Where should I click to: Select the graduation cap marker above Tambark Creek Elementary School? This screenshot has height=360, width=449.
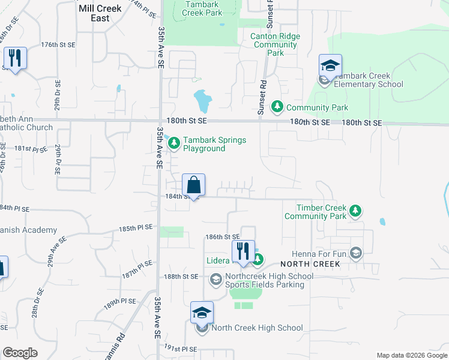(x=330, y=66)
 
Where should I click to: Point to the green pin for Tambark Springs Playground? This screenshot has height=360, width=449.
(x=174, y=143)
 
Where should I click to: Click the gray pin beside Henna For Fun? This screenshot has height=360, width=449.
(x=357, y=253)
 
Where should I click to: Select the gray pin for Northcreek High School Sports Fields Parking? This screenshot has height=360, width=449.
(x=215, y=279)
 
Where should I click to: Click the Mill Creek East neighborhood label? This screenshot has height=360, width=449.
(x=100, y=13)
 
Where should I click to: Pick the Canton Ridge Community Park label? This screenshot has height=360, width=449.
(x=276, y=44)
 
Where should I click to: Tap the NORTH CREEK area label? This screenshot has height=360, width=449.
(x=313, y=264)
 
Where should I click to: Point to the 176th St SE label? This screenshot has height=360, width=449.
(x=58, y=45)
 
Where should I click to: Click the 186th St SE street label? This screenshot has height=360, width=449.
(x=222, y=238)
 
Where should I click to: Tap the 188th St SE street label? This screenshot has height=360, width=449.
(x=181, y=276)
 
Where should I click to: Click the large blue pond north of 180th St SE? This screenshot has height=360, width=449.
(x=203, y=100)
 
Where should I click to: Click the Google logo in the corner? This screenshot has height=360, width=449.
(x=20, y=353)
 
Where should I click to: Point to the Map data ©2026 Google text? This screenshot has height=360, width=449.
(x=412, y=355)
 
